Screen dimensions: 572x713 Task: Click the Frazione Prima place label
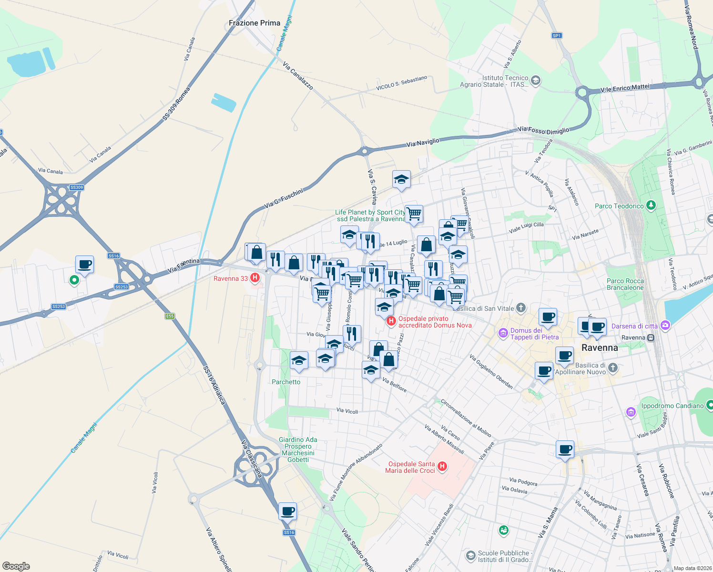255,23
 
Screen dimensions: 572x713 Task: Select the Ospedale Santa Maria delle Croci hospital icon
442,466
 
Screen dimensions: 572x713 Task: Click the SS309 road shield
77,187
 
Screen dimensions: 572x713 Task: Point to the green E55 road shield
170,316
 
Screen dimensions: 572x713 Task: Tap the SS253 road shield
122,286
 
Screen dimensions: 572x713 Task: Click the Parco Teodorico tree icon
651,206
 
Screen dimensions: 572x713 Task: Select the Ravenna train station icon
651,337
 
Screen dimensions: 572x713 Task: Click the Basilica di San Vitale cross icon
521,308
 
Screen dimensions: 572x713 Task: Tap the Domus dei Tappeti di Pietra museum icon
503,333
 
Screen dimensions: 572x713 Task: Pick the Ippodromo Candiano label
672,406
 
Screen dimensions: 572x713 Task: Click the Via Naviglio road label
423,142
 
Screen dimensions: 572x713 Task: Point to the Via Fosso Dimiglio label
543,130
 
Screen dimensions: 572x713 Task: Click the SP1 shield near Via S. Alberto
557,36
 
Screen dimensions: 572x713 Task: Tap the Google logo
16,566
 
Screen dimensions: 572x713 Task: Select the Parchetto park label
286,382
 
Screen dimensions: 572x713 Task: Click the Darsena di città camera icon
666,326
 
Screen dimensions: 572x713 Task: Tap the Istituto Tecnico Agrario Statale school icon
535,80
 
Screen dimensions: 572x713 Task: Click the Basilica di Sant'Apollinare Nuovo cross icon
613,368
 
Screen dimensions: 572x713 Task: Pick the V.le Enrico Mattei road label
625,88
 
